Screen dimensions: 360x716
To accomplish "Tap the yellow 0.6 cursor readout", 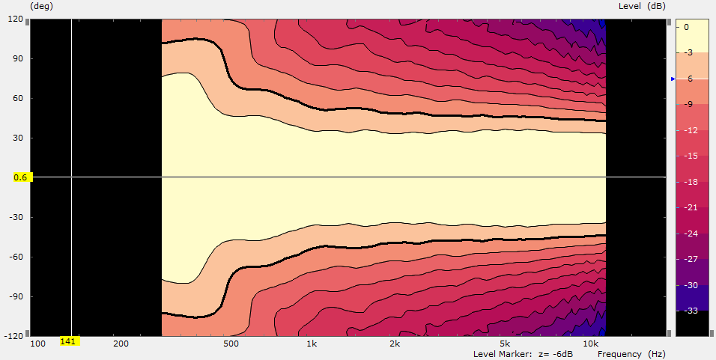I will click(x=20, y=177).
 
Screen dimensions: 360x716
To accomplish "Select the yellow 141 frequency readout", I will click(x=69, y=342).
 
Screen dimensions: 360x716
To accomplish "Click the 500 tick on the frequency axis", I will click(x=231, y=344).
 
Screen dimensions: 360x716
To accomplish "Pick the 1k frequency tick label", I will click(x=312, y=344).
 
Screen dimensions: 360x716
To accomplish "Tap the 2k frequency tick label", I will click(x=395, y=344).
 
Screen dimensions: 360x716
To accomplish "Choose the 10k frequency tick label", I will click(x=591, y=344).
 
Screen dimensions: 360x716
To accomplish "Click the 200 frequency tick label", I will click(x=121, y=344).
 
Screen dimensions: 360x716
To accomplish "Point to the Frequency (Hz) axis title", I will click(x=631, y=353).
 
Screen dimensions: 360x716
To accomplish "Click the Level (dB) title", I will click(x=642, y=6).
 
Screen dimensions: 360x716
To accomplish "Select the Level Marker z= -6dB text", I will click(x=524, y=353).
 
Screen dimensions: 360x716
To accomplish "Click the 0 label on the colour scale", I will click(x=687, y=26).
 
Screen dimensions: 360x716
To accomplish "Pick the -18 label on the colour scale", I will click(x=691, y=181).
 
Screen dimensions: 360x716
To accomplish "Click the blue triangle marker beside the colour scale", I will click(x=672, y=78).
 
